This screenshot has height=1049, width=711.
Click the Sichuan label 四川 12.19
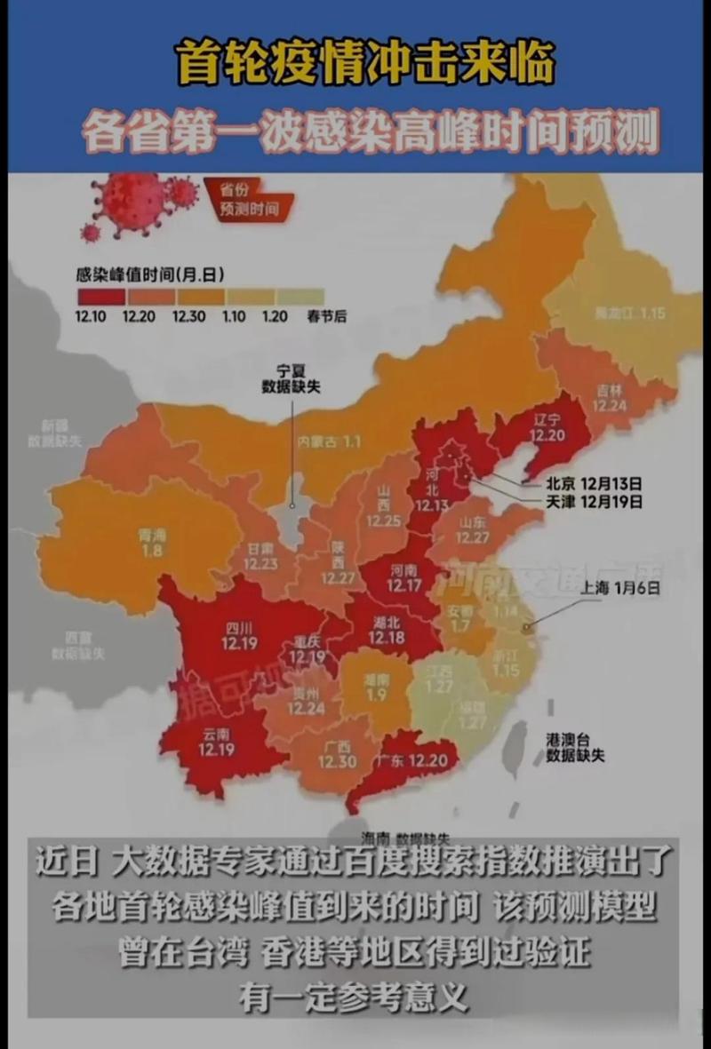click(x=236, y=636)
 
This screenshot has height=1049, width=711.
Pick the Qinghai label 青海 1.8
click(x=151, y=542)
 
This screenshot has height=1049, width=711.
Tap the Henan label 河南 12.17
click(x=405, y=579)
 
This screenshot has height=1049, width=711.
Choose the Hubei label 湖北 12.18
click(x=387, y=630)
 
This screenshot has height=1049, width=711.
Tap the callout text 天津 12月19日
click(x=594, y=502)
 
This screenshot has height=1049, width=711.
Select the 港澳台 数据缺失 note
click(x=576, y=747)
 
